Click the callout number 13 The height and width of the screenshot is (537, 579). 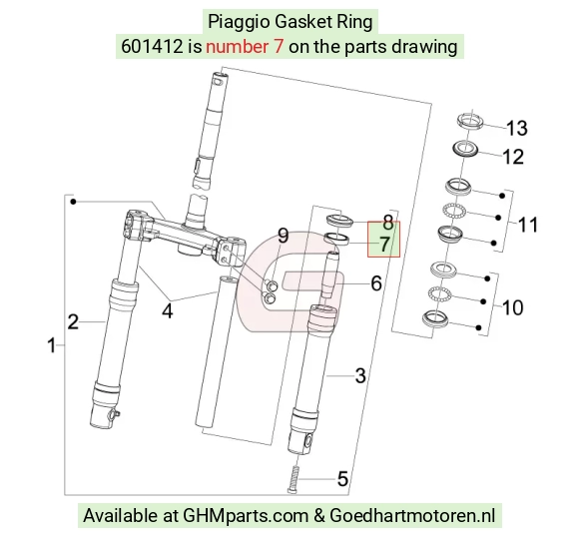click(517, 128)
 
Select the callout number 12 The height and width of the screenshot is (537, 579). click(513, 157)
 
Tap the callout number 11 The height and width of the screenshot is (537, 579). click(528, 225)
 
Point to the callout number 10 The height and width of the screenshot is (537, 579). click(513, 307)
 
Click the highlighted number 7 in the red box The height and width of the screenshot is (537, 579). click(384, 245)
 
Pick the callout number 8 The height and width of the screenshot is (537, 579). click(387, 222)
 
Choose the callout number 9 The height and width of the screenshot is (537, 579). click(283, 236)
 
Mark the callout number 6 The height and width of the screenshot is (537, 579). click(376, 283)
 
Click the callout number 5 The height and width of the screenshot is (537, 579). click(342, 479)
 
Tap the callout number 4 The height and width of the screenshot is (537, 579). click(168, 311)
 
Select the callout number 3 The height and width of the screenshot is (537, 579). click(360, 375)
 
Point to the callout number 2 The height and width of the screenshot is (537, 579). click(73, 321)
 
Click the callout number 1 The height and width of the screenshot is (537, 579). click(52, 346)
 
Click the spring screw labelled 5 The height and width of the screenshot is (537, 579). click(293, 479)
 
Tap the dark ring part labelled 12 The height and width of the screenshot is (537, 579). click(465, 149)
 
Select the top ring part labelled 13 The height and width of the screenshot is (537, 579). click(470, 121)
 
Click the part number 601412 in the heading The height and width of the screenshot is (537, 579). click(152, 47)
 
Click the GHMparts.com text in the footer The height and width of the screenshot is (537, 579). click(246, 516)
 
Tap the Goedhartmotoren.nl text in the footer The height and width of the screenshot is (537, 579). click(412, 515)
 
